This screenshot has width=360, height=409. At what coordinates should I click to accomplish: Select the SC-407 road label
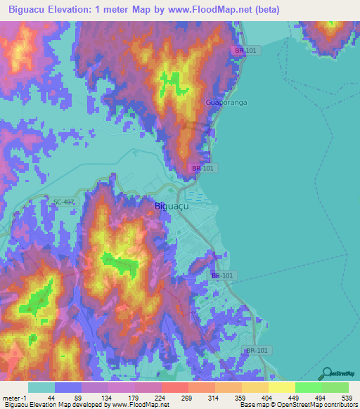coord(63,202)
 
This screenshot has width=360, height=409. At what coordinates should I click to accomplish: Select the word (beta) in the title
coord(266,10)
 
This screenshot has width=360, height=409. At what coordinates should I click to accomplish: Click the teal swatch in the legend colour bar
coord(41,387)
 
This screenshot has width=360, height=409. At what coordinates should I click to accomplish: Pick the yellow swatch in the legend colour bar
coord(282,387)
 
